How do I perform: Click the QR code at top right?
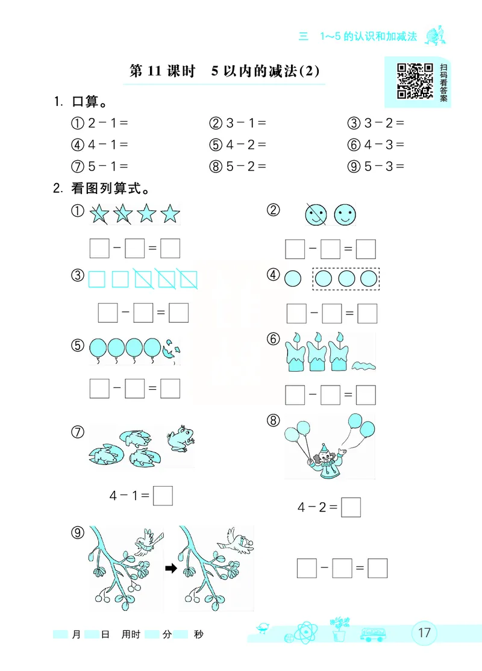click(x=415, y=81)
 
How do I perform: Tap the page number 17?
click(x=424, y=632)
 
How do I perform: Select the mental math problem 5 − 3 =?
click(x=376, y=167)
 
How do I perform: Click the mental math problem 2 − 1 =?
click(x=101, y=123)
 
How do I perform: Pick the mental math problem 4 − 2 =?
click(x=238, y=145)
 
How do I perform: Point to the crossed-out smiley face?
click(x=315, y=214)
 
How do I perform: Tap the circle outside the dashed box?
click(x=293, y=278)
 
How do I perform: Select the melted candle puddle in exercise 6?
click(x=364, y=365)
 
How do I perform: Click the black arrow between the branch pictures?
click(x=171, y=568)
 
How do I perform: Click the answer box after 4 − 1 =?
click(x=163, y=495)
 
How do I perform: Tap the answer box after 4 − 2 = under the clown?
click(x=351, y=507)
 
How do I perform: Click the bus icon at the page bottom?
click(x=372, y=634)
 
